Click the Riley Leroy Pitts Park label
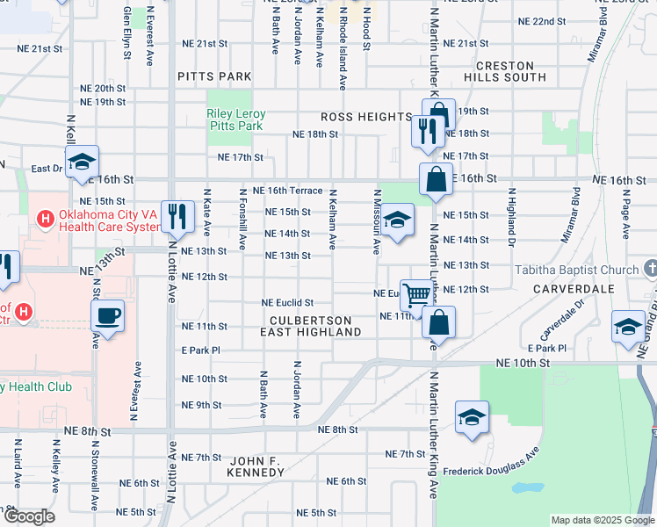click(x=235, y=119)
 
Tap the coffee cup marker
click(x=108, y=315)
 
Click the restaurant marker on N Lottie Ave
click(x=178, y=214)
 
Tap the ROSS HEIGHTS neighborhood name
click(x=365, y=117)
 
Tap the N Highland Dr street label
click(x=509, y=212)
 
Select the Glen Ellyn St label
click(x=128, y=32)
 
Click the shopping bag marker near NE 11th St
click(x=438, y=322)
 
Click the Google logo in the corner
click(x=29, y=517)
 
